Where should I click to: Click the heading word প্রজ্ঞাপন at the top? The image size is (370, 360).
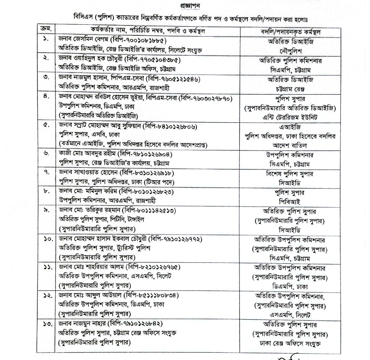pyautogui.click(x=184, y=7)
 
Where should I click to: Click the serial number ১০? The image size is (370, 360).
pyautogui.click(x=46, y=239)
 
